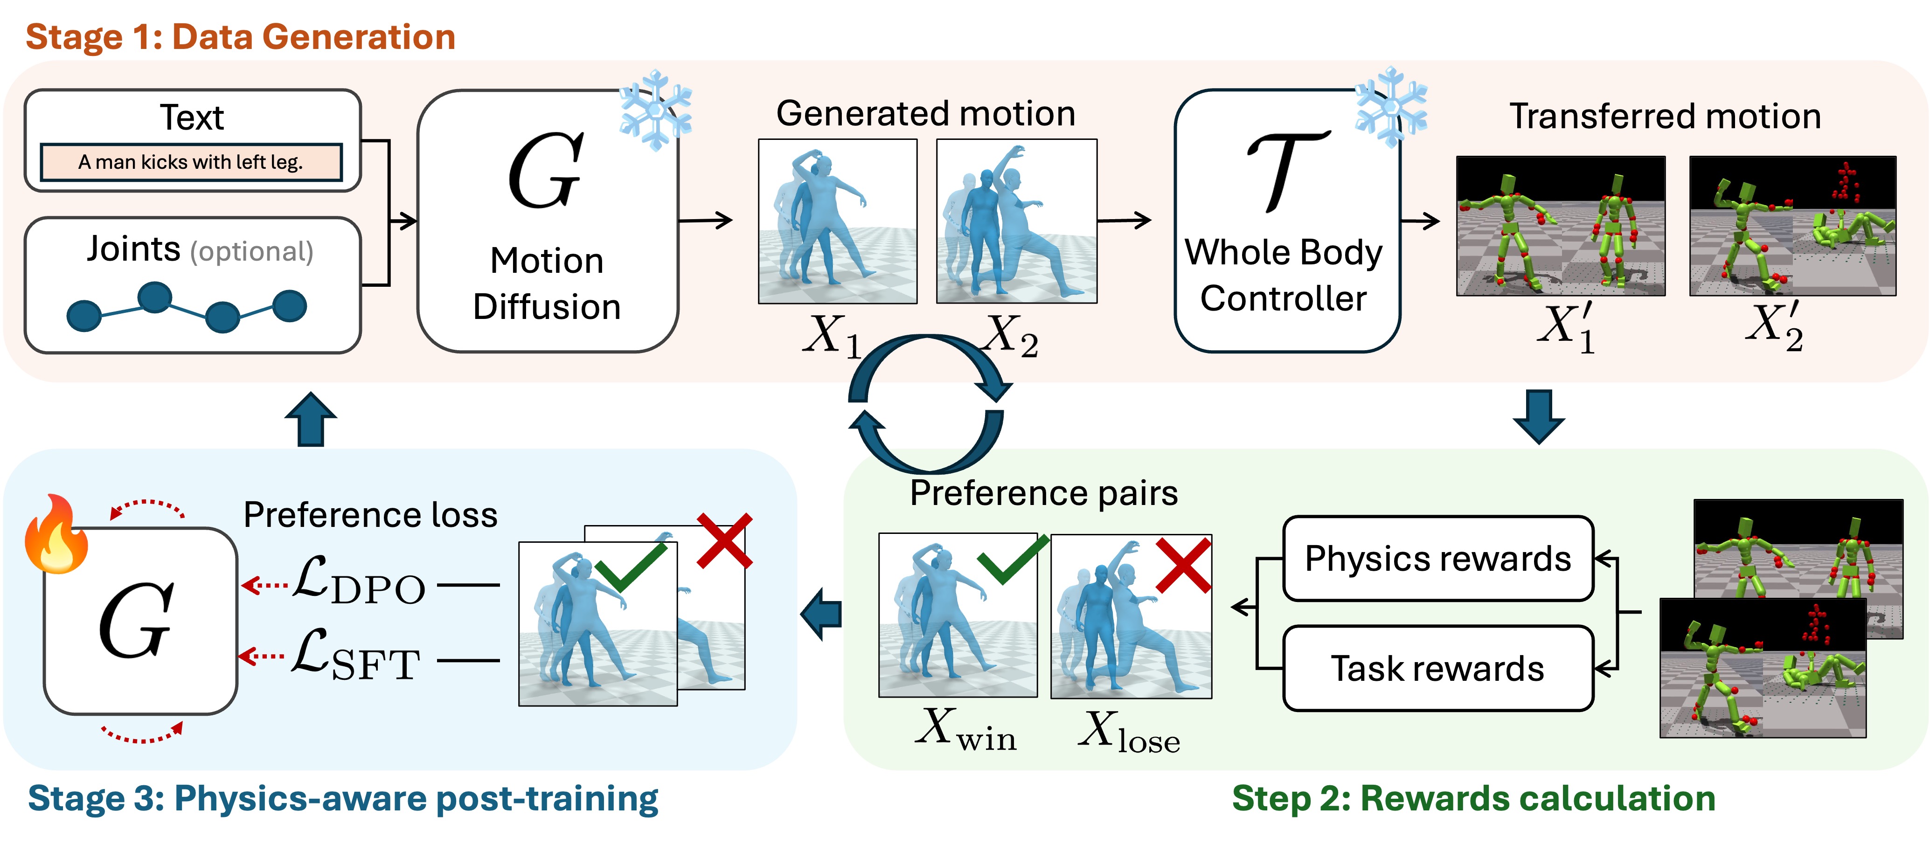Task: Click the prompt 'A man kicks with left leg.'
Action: [191, 162]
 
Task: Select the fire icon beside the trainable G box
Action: [56, 535]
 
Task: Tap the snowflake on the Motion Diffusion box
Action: [655, 111]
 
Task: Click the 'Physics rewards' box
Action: [1437, 559]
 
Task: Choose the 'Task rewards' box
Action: [1437, 668]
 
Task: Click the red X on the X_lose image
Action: [1182, 566]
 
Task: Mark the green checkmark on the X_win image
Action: [1012, 560]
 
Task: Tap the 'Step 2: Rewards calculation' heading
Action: [1473, 798]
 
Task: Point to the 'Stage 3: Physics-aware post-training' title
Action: [342, 798]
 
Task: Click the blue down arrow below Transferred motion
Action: [1539, 415]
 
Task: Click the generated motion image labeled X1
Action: [837, 221]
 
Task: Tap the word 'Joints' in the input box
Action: [133, 249]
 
